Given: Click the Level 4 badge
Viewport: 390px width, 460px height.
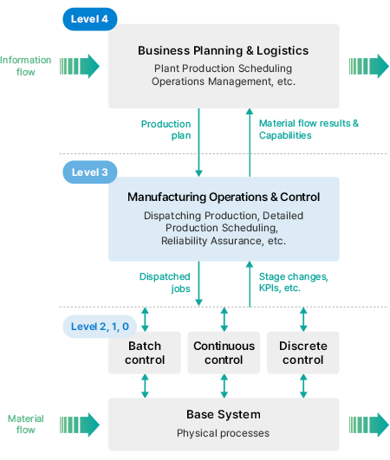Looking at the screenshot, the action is click(x=90, y=19).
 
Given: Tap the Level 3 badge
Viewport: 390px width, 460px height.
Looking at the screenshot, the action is click(x=90, y=172).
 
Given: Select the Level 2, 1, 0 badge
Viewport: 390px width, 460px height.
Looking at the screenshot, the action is click(x=100, y=327).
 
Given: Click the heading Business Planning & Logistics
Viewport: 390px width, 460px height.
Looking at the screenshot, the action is click(x=224, y=51).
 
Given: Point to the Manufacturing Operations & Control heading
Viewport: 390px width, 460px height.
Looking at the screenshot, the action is click(x=224, y=198).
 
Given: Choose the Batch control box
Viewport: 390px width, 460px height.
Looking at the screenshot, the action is click(x=145, y=353).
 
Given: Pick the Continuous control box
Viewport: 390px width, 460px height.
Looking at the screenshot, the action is click(x=224, y=353).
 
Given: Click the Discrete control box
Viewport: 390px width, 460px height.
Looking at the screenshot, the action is click(x=303, y=353).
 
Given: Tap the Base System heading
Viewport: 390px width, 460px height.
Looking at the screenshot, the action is click(x=224, y=415).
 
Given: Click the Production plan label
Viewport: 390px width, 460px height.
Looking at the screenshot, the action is click(x=166, y=130).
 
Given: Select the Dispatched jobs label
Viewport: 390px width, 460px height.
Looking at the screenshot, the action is click(x=165, y=282).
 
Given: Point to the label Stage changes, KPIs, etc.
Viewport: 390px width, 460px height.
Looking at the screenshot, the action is click(x=294, y=282).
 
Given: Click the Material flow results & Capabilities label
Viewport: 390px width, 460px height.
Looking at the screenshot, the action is click(x=309, y=129).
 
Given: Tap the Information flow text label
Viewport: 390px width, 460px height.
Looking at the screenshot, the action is click(x=26, y=66).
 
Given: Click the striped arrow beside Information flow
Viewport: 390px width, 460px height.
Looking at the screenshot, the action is click(x=80, y=67).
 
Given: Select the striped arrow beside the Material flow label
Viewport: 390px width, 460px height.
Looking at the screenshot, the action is click(x=80, y=424).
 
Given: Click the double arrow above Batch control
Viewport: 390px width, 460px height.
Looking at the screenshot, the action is click(x=145, y=319).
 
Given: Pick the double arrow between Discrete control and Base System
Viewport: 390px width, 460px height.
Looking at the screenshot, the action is click(x=303, y=385).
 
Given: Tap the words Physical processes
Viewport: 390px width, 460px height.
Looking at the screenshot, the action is click(x=223, y=433).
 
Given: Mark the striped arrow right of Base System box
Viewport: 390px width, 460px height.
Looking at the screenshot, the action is click(x=369, y=424).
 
